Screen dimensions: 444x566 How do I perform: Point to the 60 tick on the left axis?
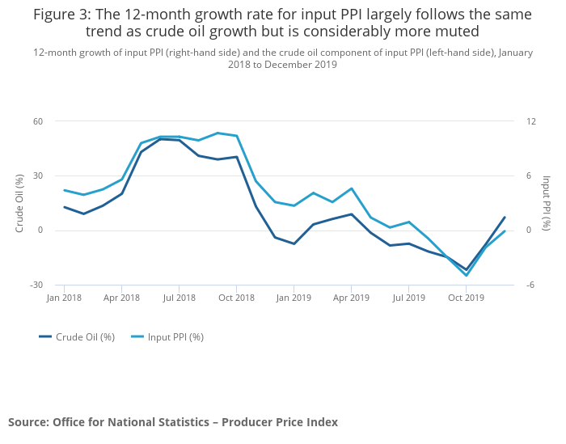pos(37,121)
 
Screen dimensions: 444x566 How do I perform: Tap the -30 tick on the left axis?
pos(36,285)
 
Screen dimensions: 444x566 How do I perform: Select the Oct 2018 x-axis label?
pos(236,298)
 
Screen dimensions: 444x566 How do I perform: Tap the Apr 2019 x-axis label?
pos(351,298)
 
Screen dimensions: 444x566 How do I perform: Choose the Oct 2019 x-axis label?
pos(467,298)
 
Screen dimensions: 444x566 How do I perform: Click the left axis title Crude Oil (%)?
pos(19,203)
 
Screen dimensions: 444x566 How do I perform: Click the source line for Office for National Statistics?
pos(173,422)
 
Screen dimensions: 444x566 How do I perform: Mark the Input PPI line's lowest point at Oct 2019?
pos(467,276)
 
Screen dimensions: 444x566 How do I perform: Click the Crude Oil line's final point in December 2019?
pos(505,217)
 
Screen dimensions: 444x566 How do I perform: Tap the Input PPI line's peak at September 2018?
pos(218,133)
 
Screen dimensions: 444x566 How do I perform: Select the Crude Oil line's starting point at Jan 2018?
pos(64,207)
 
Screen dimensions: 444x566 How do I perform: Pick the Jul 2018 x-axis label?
pos(179,298)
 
